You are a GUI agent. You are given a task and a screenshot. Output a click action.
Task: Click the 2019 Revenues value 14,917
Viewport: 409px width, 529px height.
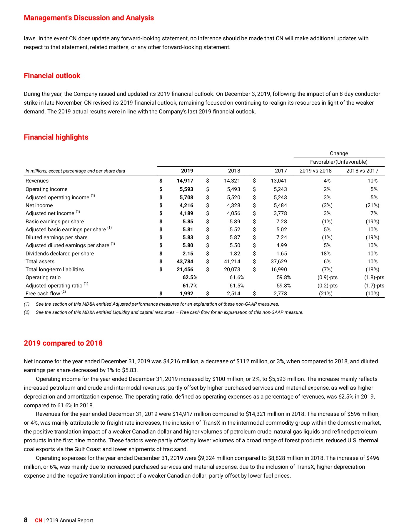coord(185,181)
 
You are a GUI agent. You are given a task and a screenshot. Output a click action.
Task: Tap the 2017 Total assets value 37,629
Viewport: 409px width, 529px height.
coord(278,262)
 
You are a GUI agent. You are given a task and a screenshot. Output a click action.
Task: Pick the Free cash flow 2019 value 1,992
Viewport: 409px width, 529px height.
coord(186,294)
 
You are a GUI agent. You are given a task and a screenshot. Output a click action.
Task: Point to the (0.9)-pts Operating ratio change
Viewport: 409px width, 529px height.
coord(327,277)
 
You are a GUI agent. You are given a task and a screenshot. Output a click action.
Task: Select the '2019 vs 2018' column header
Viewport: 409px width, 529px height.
coord(315,171)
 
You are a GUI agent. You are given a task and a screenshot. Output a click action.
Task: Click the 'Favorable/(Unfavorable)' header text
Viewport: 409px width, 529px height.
coord(339,162)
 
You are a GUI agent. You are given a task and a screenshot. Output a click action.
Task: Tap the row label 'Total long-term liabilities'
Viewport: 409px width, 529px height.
coord(55,269)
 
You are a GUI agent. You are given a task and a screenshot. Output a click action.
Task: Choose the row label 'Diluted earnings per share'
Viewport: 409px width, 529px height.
coord(56,237)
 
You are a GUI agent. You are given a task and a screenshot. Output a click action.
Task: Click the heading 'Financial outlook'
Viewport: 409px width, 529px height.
coord(52,76)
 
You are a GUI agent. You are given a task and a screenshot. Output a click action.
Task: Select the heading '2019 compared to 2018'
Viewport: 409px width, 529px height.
coord(63,343)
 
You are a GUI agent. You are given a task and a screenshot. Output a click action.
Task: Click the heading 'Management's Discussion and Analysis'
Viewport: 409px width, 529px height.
coord(89,18)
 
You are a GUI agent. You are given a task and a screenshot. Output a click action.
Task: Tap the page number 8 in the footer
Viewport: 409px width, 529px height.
coord(26,520)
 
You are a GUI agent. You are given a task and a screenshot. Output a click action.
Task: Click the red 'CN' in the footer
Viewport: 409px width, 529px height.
coord(38,520)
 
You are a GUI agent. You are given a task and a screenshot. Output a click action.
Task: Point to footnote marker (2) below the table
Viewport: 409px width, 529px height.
coord(27,312)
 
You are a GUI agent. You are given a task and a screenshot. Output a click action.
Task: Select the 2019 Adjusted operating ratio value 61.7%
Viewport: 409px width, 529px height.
coord(190,286)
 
